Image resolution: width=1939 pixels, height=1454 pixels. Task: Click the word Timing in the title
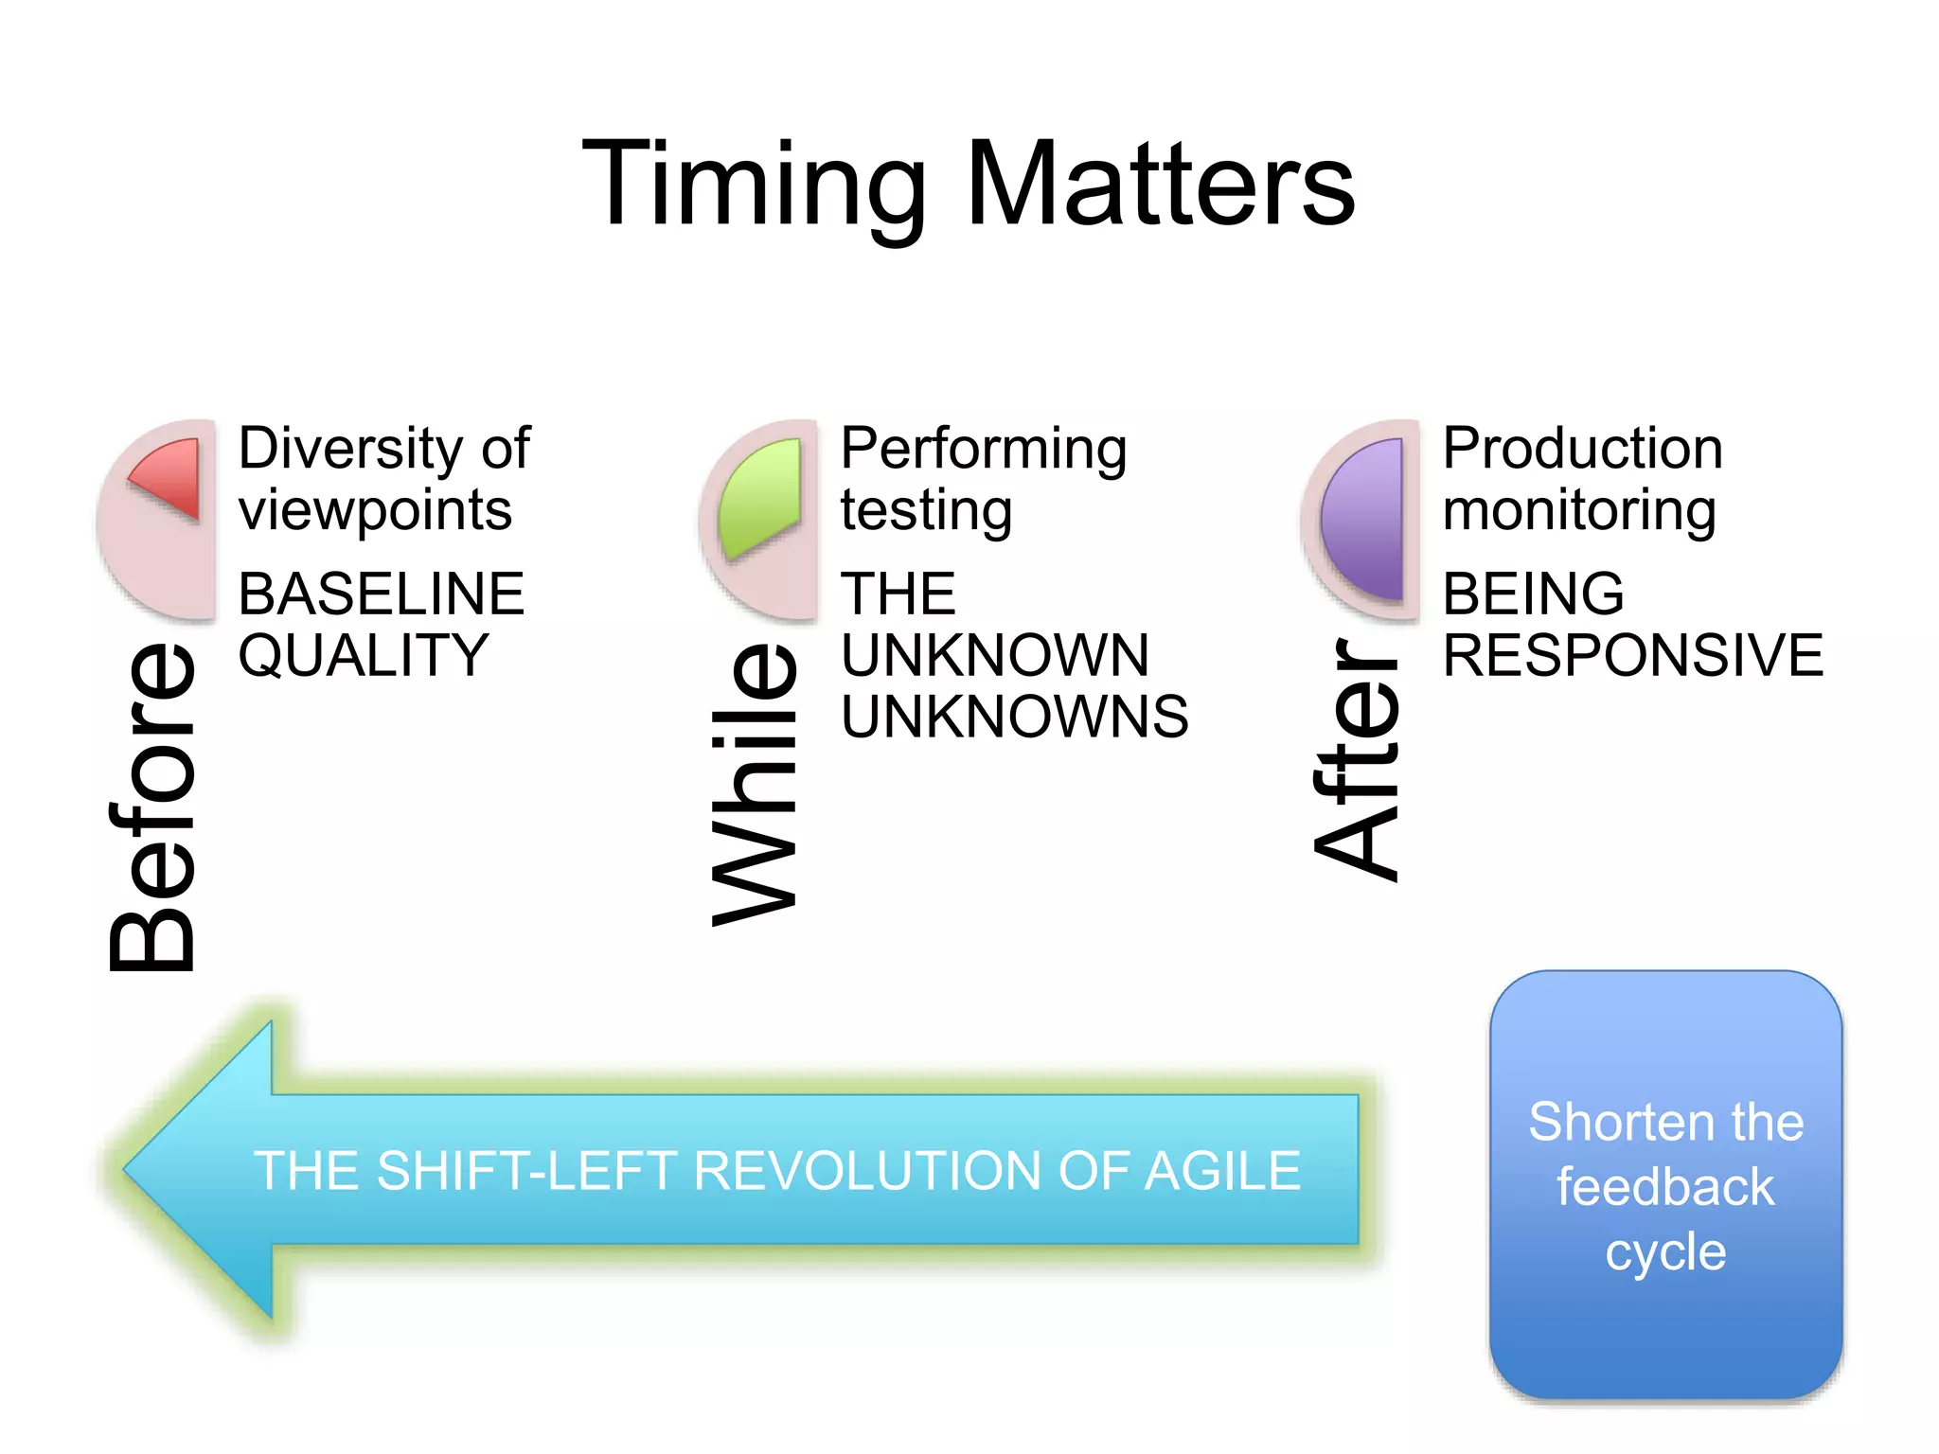(x=753, y=185)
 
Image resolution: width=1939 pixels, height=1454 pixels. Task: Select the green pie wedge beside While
(x=762, y=497)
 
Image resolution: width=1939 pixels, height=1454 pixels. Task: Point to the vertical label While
(x=755, y=784)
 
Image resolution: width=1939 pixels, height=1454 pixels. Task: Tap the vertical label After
(x=1356, y=759)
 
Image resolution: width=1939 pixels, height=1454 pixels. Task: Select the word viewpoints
(x=375, y=511)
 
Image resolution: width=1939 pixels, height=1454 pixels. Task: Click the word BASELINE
(x=381, y=594)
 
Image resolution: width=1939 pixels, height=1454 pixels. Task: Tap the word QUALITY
(x=363, y=655)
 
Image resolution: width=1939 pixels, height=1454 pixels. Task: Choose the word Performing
(x=983, y=450)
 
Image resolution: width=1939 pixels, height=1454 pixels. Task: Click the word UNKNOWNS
(x=1014, y=717)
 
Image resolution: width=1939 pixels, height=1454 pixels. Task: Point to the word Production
(x=1582, y=448)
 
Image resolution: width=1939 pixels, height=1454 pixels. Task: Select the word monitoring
(x=1578, y=511)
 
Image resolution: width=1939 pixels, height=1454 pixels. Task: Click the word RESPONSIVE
(x=1632, y=655)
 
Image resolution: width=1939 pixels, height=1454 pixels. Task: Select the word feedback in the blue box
(x=1665, y=1187)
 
